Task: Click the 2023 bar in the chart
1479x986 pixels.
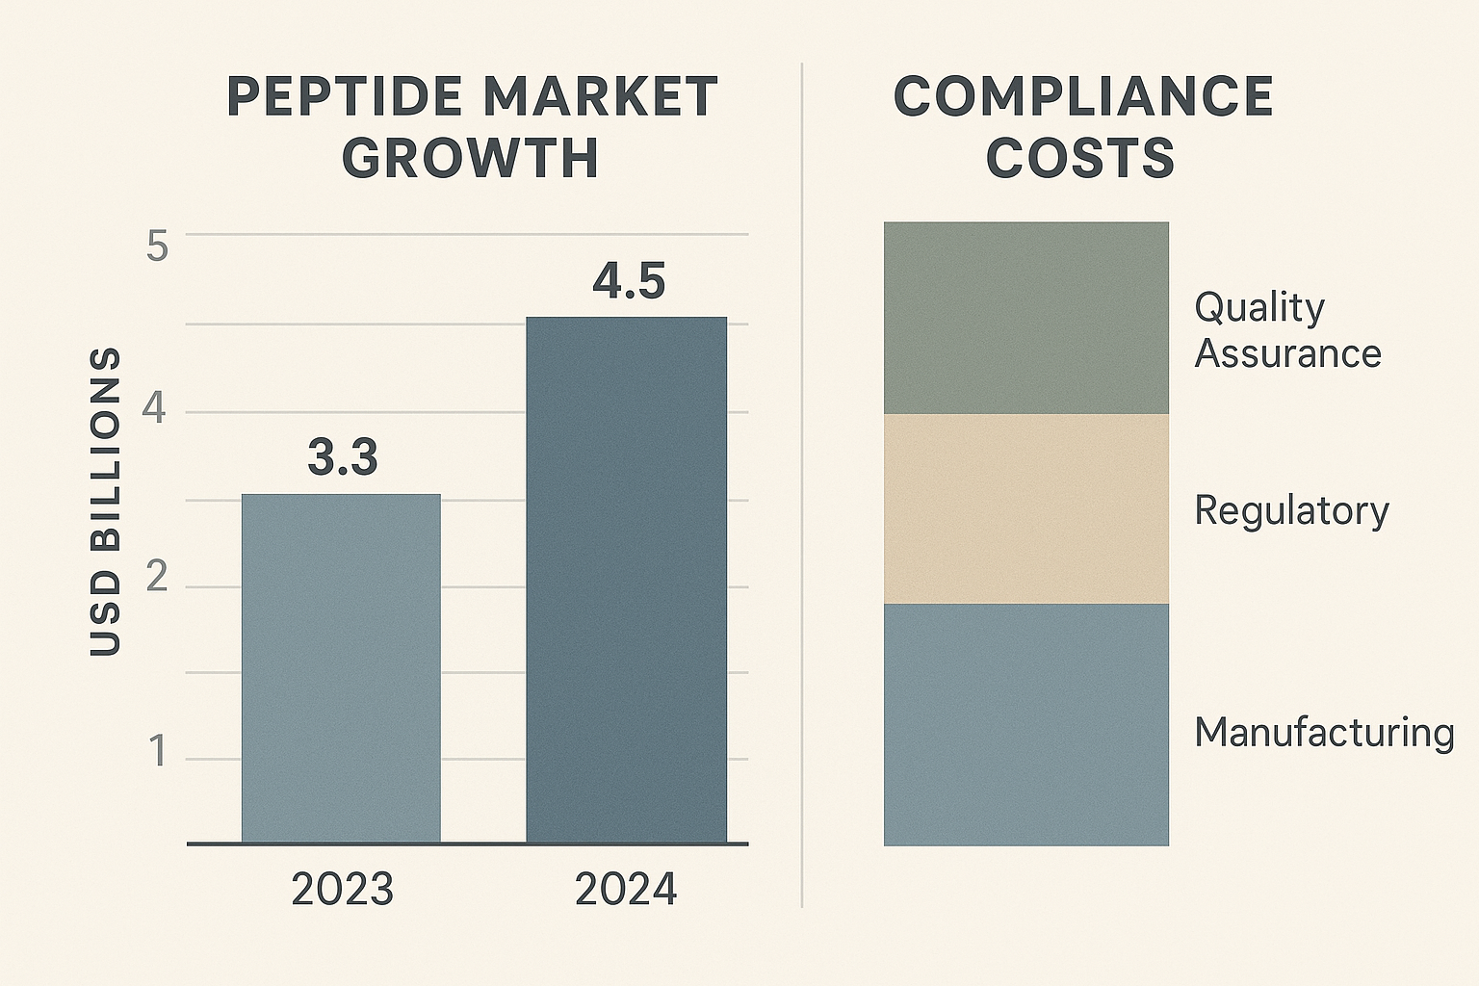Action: coord(341,668)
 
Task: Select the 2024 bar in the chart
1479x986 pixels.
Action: coord(626,580)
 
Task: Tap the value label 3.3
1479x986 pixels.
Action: coord(343,457)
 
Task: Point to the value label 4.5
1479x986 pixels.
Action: coord(629,281)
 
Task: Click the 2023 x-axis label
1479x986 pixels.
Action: coord(342,890)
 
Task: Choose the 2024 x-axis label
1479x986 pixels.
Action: coord(626,890)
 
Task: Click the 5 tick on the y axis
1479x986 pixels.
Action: coord(157,246)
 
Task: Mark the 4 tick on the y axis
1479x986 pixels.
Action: coord(154,410)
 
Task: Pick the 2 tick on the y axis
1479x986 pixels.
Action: coord(156,578)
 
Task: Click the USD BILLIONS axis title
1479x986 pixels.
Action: coord(106,502)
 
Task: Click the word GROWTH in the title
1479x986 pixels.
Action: coord(471,159)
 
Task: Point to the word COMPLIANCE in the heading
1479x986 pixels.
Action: coord(1083,97)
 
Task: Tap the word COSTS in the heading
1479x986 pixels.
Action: coord(1080,159)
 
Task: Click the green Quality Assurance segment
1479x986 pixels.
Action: coord(1025,318)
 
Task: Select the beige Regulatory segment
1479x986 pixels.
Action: coord(1025,508)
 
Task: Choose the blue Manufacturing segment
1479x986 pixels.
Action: coord(1025,724)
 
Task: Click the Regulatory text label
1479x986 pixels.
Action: coord(1291,510)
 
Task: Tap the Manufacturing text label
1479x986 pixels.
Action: coord(1324,733)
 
